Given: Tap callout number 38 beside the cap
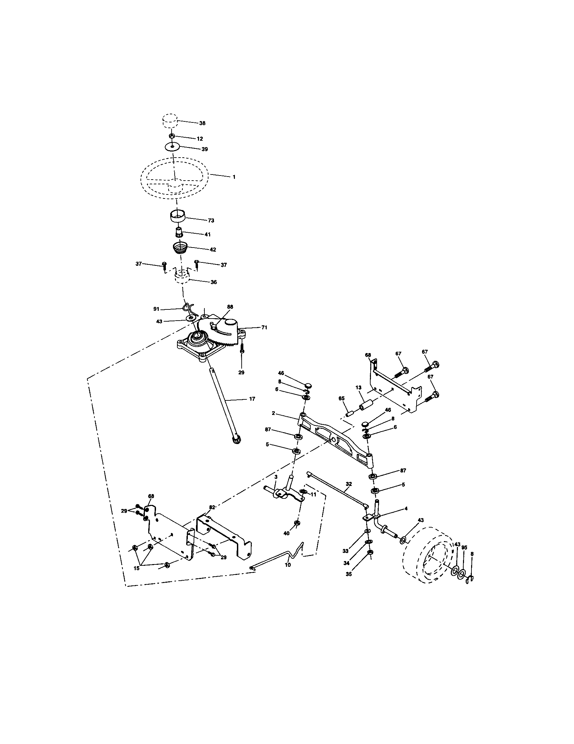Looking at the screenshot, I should tap(202, 123).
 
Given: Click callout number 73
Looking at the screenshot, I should tap(211, 220).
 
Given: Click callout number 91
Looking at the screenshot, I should tap(156, 309).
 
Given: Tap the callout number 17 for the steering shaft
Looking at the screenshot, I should tap(252, 399).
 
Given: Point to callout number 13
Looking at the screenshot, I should tap(358, 388).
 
